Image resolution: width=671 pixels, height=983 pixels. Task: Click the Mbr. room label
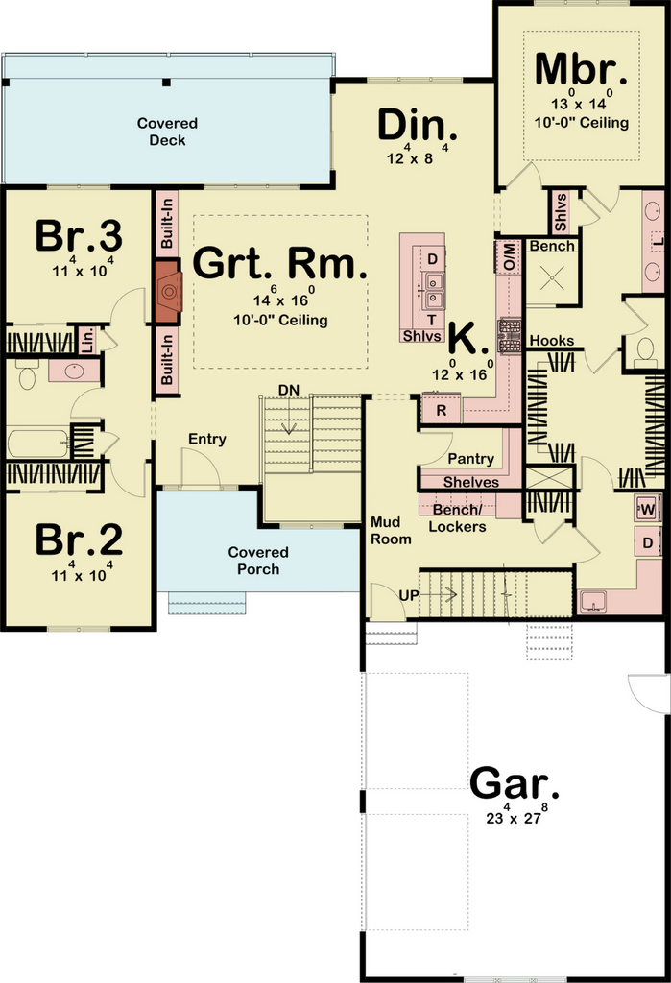point(581,68)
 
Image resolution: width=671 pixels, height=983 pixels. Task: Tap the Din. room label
point(417,125)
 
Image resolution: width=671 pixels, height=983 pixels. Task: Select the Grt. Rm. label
point(279,263)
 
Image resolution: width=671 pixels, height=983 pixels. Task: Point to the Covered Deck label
point(167,132)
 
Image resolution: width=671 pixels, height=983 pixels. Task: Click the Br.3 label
point(79,236)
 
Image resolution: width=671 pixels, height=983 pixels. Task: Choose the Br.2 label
point(79,539)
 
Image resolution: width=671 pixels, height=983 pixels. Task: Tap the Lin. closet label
point(87,340)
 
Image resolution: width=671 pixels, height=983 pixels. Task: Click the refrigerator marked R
point(442,411)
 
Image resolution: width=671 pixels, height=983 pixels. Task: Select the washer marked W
point(648,510)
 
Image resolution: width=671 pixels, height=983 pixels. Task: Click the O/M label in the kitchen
point(509,256)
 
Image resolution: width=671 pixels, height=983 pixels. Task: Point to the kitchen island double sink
point(433,290)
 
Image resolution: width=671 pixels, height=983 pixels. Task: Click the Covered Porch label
point(258,561)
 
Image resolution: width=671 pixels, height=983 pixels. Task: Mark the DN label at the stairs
point(289,390)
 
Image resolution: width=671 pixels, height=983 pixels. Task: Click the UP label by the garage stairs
point(408,595)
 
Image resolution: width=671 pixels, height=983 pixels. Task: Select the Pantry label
point(471,458)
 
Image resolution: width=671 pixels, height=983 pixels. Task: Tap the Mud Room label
point(391,530)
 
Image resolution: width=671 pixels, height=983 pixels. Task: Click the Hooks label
point(552,341)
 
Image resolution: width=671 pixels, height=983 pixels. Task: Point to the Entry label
point(207,439)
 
